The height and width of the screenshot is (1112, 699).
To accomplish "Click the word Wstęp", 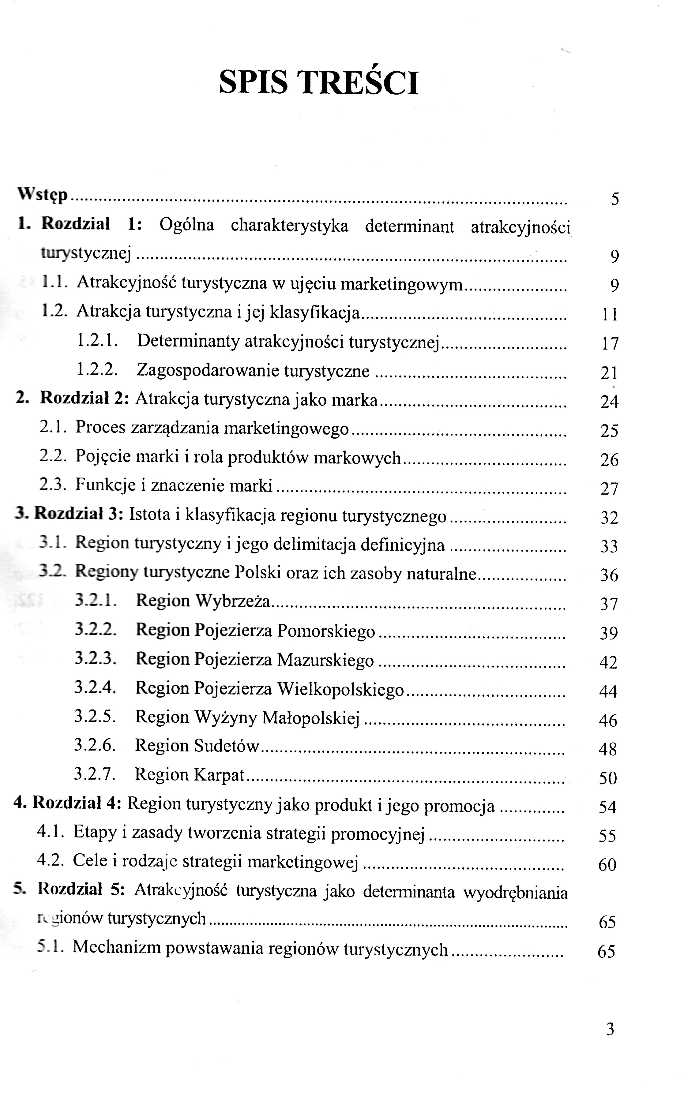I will tap(43, 195).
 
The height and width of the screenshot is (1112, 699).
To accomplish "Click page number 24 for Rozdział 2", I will tap(609, 402).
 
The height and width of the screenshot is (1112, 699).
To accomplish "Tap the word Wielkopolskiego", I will tap(340, 689).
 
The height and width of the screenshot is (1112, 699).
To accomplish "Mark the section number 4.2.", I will tap(52, 860).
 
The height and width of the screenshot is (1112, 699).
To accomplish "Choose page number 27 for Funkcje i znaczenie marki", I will tap(609, 489).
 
